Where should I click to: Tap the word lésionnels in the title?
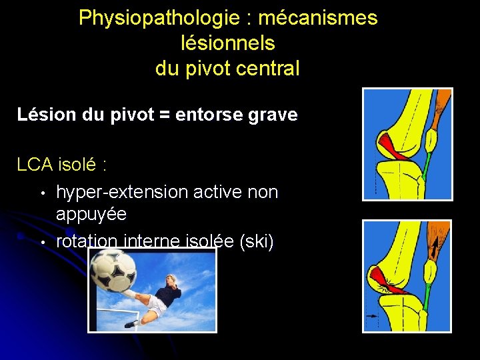[228, 43]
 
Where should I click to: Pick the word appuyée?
[91, 214]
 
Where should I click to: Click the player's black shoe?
[132, 323]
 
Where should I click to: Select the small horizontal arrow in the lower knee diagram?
[371, 315]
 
